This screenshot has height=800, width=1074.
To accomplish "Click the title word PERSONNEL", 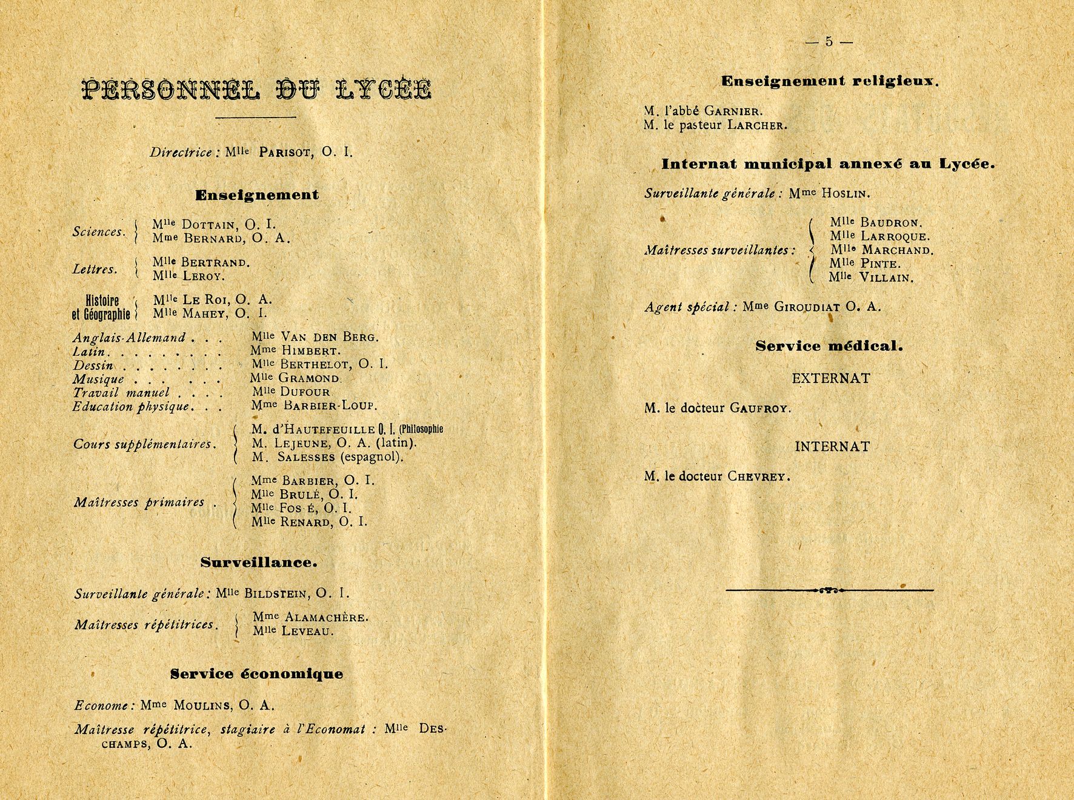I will pyautogui.click(x=172, y=90).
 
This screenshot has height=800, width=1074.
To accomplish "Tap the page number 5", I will pyautogui.click(x=829, y=42).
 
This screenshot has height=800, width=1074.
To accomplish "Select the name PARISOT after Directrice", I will pyautogui.click(x=286, y=152).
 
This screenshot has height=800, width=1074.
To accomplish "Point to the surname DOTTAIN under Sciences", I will pyautogui.click(x=209, y=224).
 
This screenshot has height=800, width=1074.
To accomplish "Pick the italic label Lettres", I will pyautogui.click(x=95, y=269).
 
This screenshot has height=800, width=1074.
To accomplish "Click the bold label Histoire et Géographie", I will pyautogui.click(x=101, y=307).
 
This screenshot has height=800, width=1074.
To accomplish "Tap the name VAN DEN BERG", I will pyautogui.click(x=329, y=337).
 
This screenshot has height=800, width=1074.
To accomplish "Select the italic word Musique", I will pyautogui.click(x=98, y=379).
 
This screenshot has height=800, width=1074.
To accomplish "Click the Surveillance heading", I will pyautogui.click(x=259, y=562).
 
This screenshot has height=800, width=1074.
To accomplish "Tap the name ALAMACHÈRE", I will pyautogui.click(x=325, y=618).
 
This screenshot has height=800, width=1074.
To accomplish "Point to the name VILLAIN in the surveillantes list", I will pyautogui.click(x=886, y=278).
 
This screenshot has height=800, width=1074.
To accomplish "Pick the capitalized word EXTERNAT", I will pyautogui.click(x=830, y=379).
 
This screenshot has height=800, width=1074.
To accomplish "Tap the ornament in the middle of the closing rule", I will pyautogui.click(x=829, y=590).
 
